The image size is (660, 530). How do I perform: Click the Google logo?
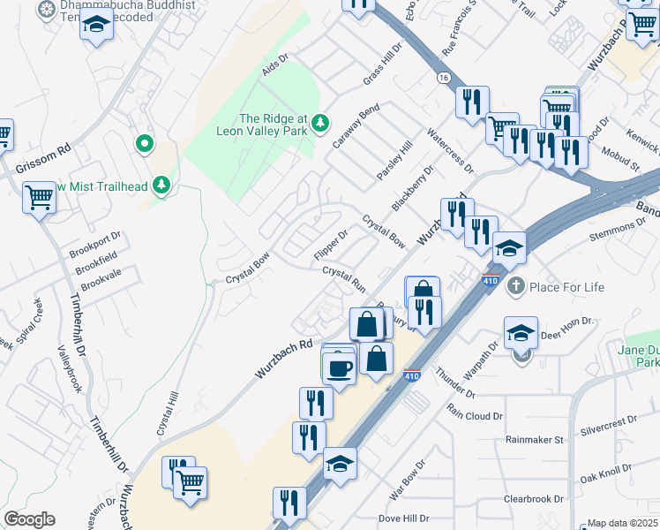[29, 519]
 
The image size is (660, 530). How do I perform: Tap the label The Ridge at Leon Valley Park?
[267, 125]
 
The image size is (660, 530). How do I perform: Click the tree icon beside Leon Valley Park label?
[324, 121]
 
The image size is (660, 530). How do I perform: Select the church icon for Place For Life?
[515, 286]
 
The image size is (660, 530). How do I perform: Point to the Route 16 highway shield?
[441, 78]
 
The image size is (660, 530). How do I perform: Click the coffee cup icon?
[337, 368]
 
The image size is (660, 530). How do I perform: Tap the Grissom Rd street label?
[41, 161]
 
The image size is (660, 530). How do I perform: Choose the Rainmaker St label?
[534, 439]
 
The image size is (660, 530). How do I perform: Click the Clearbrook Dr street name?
[533, 499]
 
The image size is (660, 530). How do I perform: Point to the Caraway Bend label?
[356, 125]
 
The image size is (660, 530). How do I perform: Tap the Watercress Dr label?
[451, 151]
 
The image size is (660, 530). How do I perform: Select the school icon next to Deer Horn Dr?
[521, 333]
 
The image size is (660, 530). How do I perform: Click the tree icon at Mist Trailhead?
[161, 185]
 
